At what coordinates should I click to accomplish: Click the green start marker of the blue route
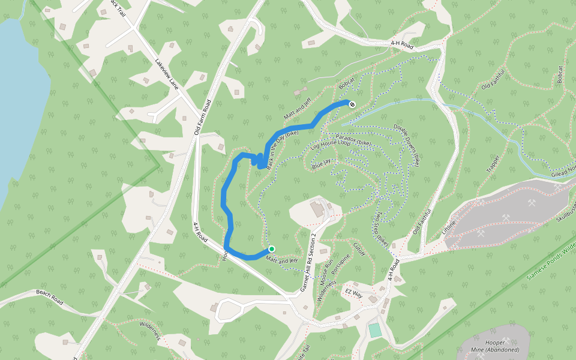[271, 249]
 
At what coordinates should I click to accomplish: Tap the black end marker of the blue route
[352, 104]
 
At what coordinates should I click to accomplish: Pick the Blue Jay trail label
[322, 163]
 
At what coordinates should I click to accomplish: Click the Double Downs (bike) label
[407, 145]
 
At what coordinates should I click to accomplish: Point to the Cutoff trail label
[358, 249]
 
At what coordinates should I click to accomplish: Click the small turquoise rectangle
[375, 330]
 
